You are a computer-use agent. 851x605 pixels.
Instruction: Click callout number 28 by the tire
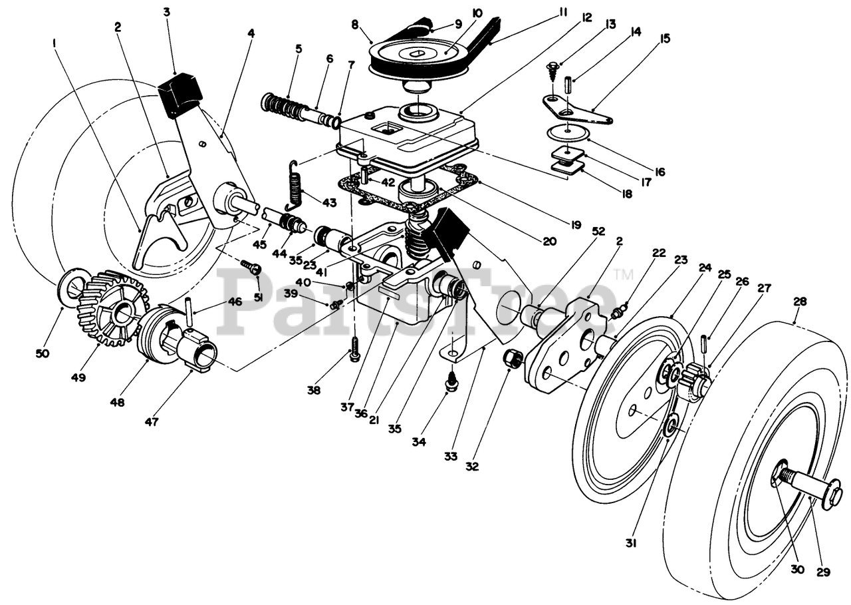800,301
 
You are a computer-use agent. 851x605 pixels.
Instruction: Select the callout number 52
598,231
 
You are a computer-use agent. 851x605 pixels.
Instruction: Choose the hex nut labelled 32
513,359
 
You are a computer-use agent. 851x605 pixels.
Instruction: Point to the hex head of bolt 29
830,498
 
